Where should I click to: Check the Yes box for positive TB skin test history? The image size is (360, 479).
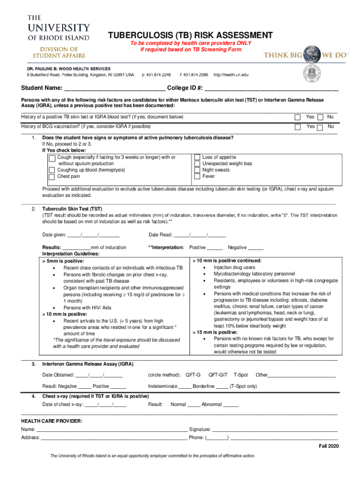297,117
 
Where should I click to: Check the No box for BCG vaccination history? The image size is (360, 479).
320,127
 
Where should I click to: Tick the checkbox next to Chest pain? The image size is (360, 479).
52,177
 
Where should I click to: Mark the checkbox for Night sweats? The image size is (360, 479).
197,170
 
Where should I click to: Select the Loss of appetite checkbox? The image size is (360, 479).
197,158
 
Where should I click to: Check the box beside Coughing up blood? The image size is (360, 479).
52,170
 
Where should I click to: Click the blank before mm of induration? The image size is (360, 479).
76,247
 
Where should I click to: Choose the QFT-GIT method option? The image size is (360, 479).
218,375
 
